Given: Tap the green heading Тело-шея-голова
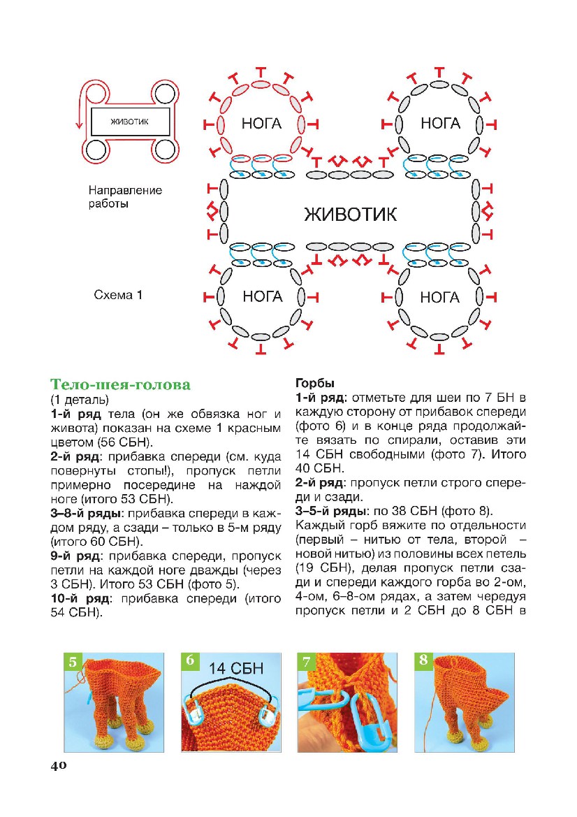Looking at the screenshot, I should (x=120, y=385).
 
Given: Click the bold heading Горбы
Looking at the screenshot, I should (x=315, y=384).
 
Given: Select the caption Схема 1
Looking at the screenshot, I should (x=118, y=296).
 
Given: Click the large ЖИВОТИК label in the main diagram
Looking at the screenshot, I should (x=351, y=213).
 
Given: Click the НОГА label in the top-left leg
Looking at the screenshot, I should (x=262, y=124).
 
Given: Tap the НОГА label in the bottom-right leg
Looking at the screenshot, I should (x=440, y=298).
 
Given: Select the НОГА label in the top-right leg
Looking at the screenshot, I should (x=440, y=124).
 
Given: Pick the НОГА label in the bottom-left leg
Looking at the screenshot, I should (x=262, y=296).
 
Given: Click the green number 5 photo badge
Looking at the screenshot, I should (x=73, y=662).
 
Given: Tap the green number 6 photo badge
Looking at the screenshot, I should (x=190, y=662).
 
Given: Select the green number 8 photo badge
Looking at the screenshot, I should (x=423, y=662).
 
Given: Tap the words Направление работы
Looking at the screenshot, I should (x=124, y=197).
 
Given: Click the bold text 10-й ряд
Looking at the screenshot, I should (x=83, y=599).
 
